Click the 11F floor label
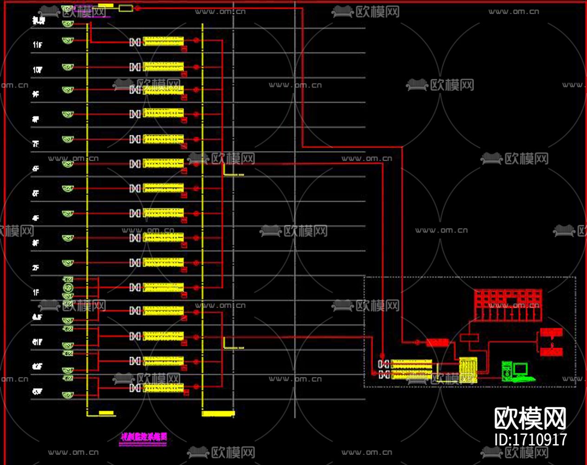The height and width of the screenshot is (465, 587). (37, 45)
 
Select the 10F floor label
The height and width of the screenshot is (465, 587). (37, 70)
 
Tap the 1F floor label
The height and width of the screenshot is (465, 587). (36, 292)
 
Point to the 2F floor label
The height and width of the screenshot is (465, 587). (36, 268)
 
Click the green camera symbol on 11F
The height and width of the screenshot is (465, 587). (68, 41)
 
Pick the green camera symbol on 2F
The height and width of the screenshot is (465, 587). (68, 263)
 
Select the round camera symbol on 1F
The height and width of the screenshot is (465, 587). (68, 288)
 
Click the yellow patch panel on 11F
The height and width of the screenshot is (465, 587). (163, 41)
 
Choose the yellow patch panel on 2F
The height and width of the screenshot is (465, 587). (163, 263)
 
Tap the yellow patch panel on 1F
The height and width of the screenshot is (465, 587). (163, 287)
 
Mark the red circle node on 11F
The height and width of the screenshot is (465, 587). (196, 41)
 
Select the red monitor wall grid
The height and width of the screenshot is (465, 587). (508, 305)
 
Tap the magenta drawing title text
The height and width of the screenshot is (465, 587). (143, 437)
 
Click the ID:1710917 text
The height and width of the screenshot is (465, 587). (530, 439)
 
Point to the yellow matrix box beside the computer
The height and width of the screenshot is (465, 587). (467, 370)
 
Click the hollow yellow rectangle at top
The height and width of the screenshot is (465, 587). (125, 8)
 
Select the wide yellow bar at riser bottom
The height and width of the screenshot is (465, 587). (218, 413)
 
